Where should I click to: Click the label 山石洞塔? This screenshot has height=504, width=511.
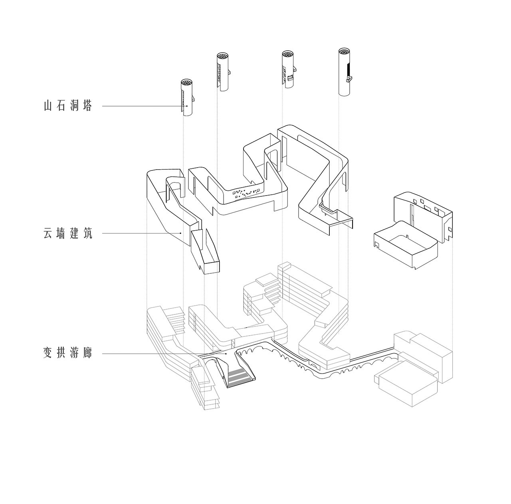pyautogui.click(x=67, y=106)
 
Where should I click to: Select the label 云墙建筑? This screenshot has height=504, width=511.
pyautogui.click(x=67, y=233)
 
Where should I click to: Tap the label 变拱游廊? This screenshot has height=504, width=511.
pyautogui.click(x=67, y=354)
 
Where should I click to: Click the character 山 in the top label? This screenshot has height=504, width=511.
pyautogui.click(x=48, y=106)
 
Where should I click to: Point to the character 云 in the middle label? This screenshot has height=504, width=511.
pyautogui.click(x=48, y=233)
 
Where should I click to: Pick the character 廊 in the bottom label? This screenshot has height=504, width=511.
pyautogui.click(x=87, y=354)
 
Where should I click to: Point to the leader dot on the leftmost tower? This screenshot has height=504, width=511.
pyautogui.click(x=187, y=106)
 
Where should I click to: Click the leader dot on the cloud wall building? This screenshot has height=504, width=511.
pyautogui.click(x=181, y=233)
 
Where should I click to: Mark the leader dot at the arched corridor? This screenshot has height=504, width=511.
pyautogui.click(x=226, y=354)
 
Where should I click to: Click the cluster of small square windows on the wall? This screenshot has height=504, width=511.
pyautogui.click(x=246, y=193)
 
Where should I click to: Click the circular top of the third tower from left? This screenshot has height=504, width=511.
pyautogui.click(x=287, y=54)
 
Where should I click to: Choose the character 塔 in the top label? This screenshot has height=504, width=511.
pyautogui.click(x=87, y=106)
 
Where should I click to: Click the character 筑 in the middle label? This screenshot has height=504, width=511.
pyautogui.click(x=87, y=233)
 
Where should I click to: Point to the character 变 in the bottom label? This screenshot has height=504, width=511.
pyautogui.click(x=48, y=354)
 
